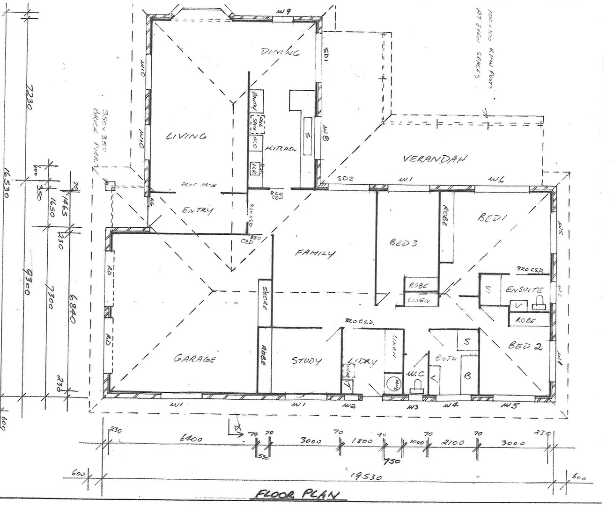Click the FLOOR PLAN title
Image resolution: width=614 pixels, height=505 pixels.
298,494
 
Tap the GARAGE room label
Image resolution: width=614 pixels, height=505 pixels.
195,359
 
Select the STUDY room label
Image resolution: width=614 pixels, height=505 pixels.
307,361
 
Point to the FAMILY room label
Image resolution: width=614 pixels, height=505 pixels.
315,253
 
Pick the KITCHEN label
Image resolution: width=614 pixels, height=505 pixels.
281,148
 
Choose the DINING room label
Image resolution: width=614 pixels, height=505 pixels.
280,52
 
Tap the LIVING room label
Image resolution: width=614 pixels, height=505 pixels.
186,136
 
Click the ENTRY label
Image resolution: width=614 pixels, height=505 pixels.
197,210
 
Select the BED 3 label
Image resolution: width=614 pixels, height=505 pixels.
403,243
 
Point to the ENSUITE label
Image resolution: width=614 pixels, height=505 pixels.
524,290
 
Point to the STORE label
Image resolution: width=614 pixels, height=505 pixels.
265,299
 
